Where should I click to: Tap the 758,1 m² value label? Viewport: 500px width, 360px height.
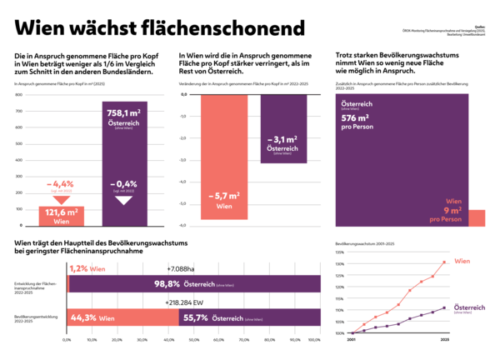click(x=126, y=114)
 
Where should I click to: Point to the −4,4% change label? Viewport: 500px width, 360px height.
click(x=62, y=183)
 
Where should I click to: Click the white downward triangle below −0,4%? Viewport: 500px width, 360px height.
click(x=125, y=201)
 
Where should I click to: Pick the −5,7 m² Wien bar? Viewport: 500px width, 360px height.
click(x=225, y=158)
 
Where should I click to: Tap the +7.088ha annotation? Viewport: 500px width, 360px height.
click(x=181, y=268)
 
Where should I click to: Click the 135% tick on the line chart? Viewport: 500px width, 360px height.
click(x=339, y=252)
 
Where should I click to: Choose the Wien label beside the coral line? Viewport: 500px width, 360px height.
click(x=462, y=262)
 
